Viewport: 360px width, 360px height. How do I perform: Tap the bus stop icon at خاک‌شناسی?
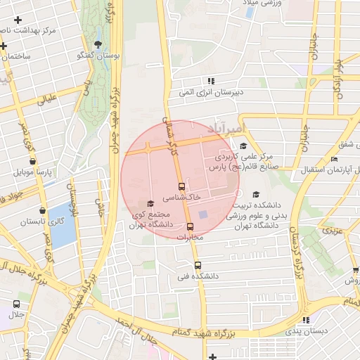pyautogui.click(x=182, y=187)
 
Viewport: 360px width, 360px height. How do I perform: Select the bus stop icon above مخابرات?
pyautogui.click(x=190, y=226)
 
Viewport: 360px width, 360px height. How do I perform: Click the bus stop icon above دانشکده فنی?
pyautogui.click(x=198, y=266)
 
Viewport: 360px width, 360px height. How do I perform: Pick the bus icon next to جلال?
pyautogui.click(x=16, y=304)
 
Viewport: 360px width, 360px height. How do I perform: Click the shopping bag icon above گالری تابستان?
pyautogui.click(x=44, y=210)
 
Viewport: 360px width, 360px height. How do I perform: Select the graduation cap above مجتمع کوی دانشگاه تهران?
pyautogui.click(x=150, y=204)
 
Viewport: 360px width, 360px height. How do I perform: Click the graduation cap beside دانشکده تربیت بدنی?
pyautogui.click(x=255, y=195)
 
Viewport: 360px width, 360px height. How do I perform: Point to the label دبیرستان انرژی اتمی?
pyautogui.click(x=238, y=92)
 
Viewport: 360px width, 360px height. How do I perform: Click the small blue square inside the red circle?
pyautogui.click(x=203, y=214)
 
